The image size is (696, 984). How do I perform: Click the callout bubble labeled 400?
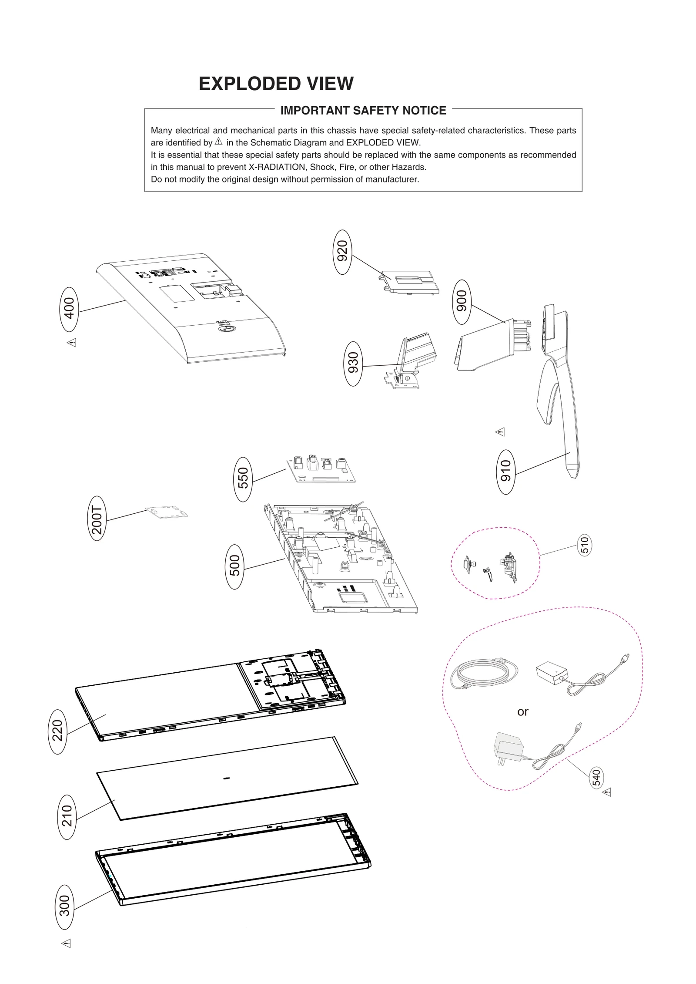tap(69, 309)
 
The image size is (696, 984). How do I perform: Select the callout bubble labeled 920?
tap(342, 252)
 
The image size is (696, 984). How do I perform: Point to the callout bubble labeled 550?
tap(243, 479)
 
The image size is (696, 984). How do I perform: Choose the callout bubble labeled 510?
tap(585, 545)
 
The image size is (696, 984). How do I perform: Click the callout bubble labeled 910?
tap(505, 471)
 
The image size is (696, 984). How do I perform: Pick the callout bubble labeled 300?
tap(65, 906)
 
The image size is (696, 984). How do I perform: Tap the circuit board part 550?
tap(321, 470)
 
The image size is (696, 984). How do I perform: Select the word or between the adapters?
tap(522, 711)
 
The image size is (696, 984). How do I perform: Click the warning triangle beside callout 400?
tap(72, 343)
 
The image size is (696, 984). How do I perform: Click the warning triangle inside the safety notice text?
tap(219, 142)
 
